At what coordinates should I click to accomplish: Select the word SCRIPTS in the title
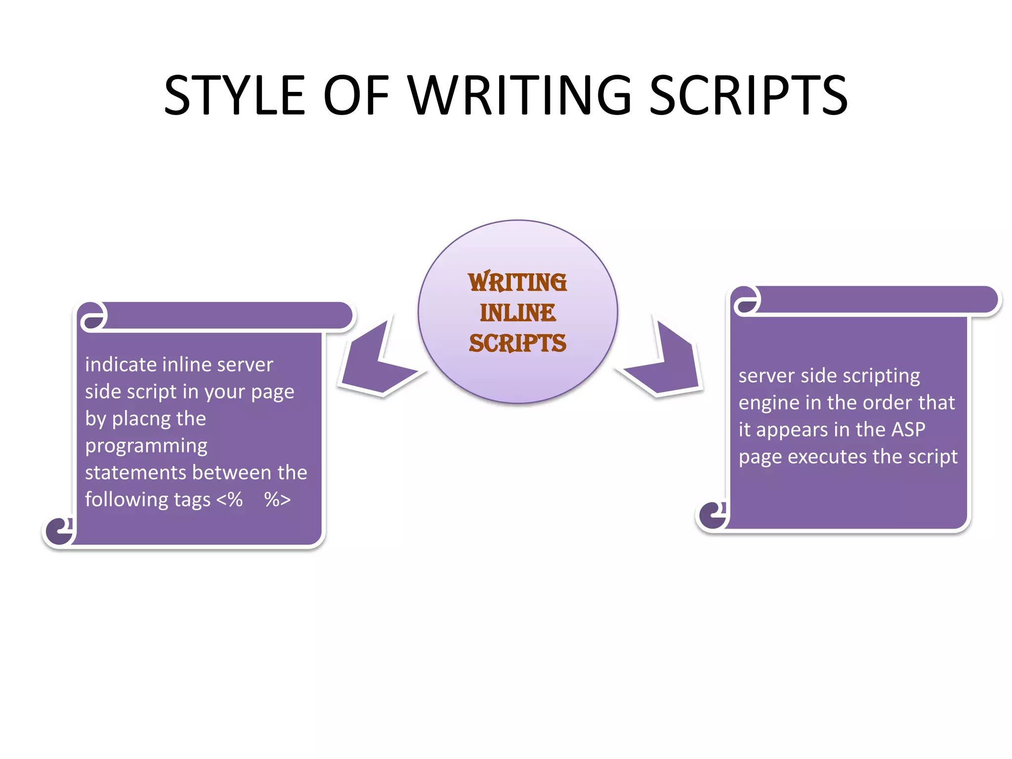click(x=748, y=95)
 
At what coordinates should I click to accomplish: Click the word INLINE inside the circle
click(x=518, y=313)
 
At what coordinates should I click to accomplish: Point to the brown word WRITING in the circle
click(x=517, y=282)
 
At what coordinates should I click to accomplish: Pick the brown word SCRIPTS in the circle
click(x=517, y=343)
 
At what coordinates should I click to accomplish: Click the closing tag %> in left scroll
click(x=277, y=500)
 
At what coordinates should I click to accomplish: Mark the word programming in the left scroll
click(x=146, y=446)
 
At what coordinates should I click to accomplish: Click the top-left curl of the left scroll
click(x=93, y=316)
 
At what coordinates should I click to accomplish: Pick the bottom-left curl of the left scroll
click(x=59, y=531)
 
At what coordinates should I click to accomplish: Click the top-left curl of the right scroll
click(x=747, y=300)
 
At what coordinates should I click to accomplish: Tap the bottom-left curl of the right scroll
click(x=713, y=515)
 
